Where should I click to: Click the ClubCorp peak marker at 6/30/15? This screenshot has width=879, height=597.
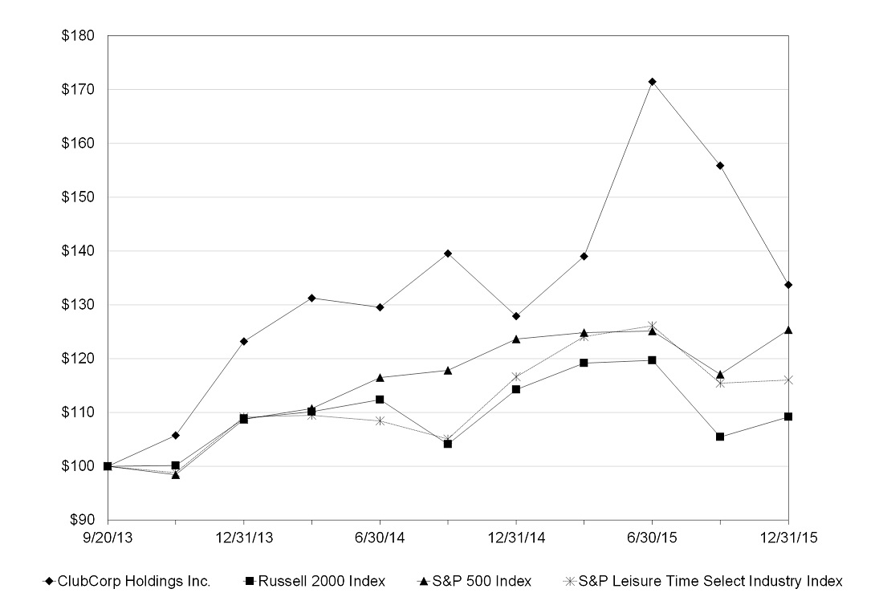click(652, 82)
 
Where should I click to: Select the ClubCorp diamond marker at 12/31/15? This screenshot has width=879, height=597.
click(788, 285)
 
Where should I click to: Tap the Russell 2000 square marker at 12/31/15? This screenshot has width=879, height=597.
click(788, 416)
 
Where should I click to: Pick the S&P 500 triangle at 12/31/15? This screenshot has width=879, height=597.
click(788, 330)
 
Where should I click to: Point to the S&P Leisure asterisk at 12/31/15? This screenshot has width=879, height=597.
click(788, 380)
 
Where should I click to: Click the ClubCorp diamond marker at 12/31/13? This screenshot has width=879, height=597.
click(244, 341)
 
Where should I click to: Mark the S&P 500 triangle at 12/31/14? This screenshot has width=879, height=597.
click(515, 339)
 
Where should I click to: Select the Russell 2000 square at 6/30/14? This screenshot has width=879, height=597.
click(380, 400)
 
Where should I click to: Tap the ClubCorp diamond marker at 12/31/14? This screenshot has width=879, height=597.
click(515, 316)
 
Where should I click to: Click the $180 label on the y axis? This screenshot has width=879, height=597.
click(78, 36)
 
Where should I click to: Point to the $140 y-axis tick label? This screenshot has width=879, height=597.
click(78, 251)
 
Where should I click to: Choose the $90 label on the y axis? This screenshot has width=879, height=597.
click(82, 520)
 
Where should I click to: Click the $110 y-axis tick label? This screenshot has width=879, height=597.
click(78, 412)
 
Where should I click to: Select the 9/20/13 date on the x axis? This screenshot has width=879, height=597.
click(108, 538)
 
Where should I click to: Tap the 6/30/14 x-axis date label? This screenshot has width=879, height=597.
click(380, 538)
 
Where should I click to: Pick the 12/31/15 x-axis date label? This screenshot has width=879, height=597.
click(788, 538)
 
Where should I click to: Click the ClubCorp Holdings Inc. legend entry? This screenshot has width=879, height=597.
click(127, 581)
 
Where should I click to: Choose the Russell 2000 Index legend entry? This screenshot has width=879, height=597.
click(315, 581)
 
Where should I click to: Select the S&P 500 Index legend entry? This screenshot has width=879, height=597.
click(474, 581)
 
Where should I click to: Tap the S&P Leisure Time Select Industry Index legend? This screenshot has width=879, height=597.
click(703, 581)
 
